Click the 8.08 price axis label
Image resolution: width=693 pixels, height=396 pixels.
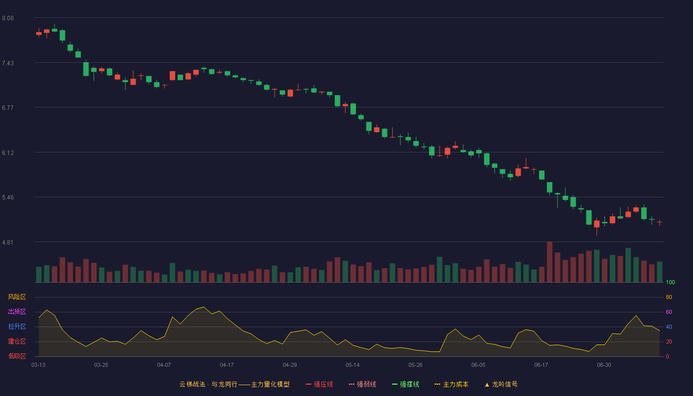pyautogui.click(x=8, y=18)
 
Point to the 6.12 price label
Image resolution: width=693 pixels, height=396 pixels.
pyautogui.click(x=8, y=153)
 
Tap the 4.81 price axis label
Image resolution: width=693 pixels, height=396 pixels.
pyautogui.click(x=8, y=243)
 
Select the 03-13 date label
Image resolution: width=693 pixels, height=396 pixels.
pyautogui.click(x=39, y=365)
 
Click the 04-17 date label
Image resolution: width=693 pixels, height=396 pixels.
pyautogui.click(x=227, y=365)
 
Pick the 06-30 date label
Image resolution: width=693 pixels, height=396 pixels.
pyautogui.click(x=604, y=365)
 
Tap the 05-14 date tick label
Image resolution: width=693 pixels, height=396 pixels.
pyautogui.click(x=352, y=365)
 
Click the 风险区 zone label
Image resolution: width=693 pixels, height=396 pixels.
pyautogui.click(x=17, y=297)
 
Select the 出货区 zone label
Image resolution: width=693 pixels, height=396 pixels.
pyautogui.click(x=17, y=311)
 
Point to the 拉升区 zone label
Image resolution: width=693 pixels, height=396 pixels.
pyautogui.click(x=17, y=326)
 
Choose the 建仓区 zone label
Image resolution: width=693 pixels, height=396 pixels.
pyautogui.click(x=17, y=341)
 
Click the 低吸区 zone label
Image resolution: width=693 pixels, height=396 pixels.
pyautogui.click(x=17, y=356)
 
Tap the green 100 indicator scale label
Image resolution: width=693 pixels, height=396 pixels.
pyautogui.click(x=670, y=282)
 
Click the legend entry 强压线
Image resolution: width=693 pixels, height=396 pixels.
pyautogui.click(x=319, y=384)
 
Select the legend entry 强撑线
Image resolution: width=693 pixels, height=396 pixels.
pyautogui.click(x=405, y=384)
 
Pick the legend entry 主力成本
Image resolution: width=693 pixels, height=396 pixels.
pyautogui.click(x=451, y=384)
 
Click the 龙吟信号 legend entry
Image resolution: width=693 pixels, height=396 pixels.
pyautogui.click(x=501, y=384)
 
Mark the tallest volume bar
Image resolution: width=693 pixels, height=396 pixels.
pyautogui.click(x=549, y=262)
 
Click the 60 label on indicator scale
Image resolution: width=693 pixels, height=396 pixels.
pyautogui.click(x=669, y=312)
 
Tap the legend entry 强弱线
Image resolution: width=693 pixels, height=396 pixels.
pyautogui.click(x=362, y=384)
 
